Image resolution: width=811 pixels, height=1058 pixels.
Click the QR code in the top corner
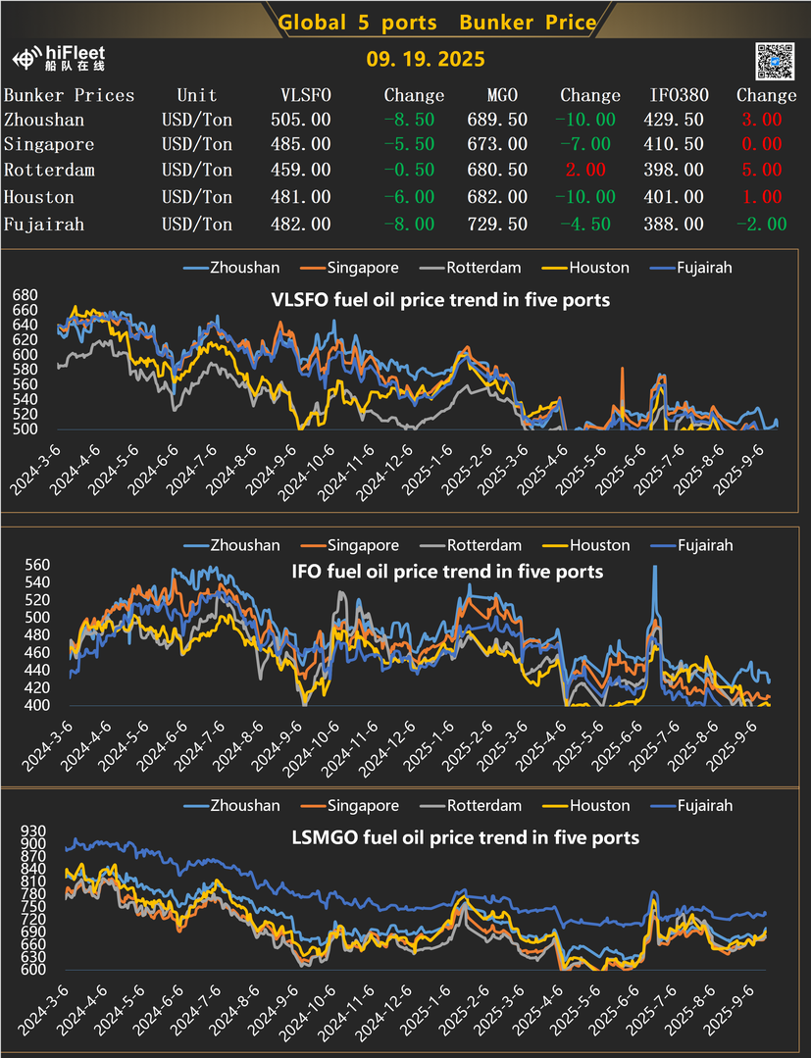point(774,61)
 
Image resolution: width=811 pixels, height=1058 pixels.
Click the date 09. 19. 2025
point(426,60)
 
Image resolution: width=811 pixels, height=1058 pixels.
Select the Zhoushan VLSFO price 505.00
point(300,120)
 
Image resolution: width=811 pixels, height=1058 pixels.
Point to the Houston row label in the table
point(38,198)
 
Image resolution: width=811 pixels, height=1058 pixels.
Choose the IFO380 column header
point(677,95)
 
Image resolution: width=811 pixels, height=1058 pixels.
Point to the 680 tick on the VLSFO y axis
point(25,294)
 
